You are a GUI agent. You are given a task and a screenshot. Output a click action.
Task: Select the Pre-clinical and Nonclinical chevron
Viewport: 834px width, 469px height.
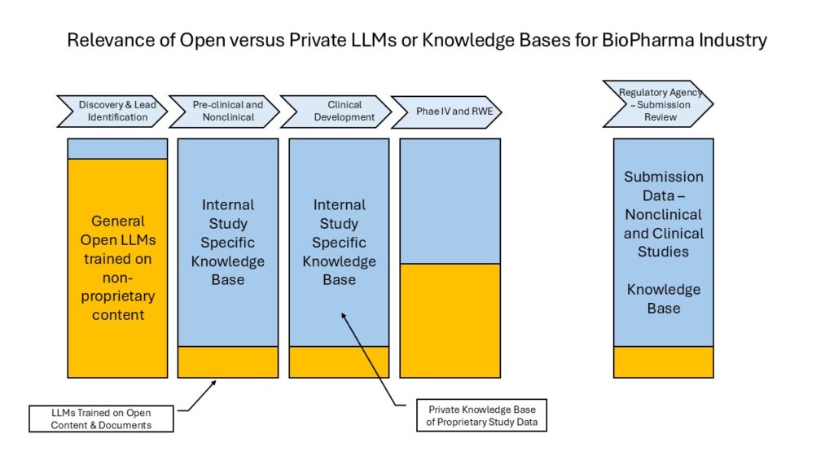(x=226, y=111)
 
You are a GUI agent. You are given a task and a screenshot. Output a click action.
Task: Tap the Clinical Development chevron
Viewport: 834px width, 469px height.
(x=336, y=111)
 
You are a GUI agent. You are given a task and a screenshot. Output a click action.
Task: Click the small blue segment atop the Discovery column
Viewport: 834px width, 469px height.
(x=117, y=148)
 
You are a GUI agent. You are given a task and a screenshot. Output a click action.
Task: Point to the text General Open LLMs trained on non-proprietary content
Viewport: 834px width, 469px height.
(x=117, y=268)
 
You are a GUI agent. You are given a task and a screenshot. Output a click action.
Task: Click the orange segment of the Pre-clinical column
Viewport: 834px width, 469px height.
(x=228, y=362)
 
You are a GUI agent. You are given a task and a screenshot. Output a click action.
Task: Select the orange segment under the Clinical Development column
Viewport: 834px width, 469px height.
(x=339, y=362)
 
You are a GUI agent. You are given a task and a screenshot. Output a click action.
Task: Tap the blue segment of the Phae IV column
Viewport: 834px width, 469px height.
(x=450, y=200)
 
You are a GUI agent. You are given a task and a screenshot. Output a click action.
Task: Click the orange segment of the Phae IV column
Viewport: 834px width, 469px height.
(x=450, y=320)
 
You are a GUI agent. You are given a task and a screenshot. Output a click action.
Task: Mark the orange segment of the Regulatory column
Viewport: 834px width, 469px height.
(x=663, y=362)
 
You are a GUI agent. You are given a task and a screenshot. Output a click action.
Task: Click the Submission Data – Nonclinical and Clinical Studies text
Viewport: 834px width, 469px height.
(x=663, y=214)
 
